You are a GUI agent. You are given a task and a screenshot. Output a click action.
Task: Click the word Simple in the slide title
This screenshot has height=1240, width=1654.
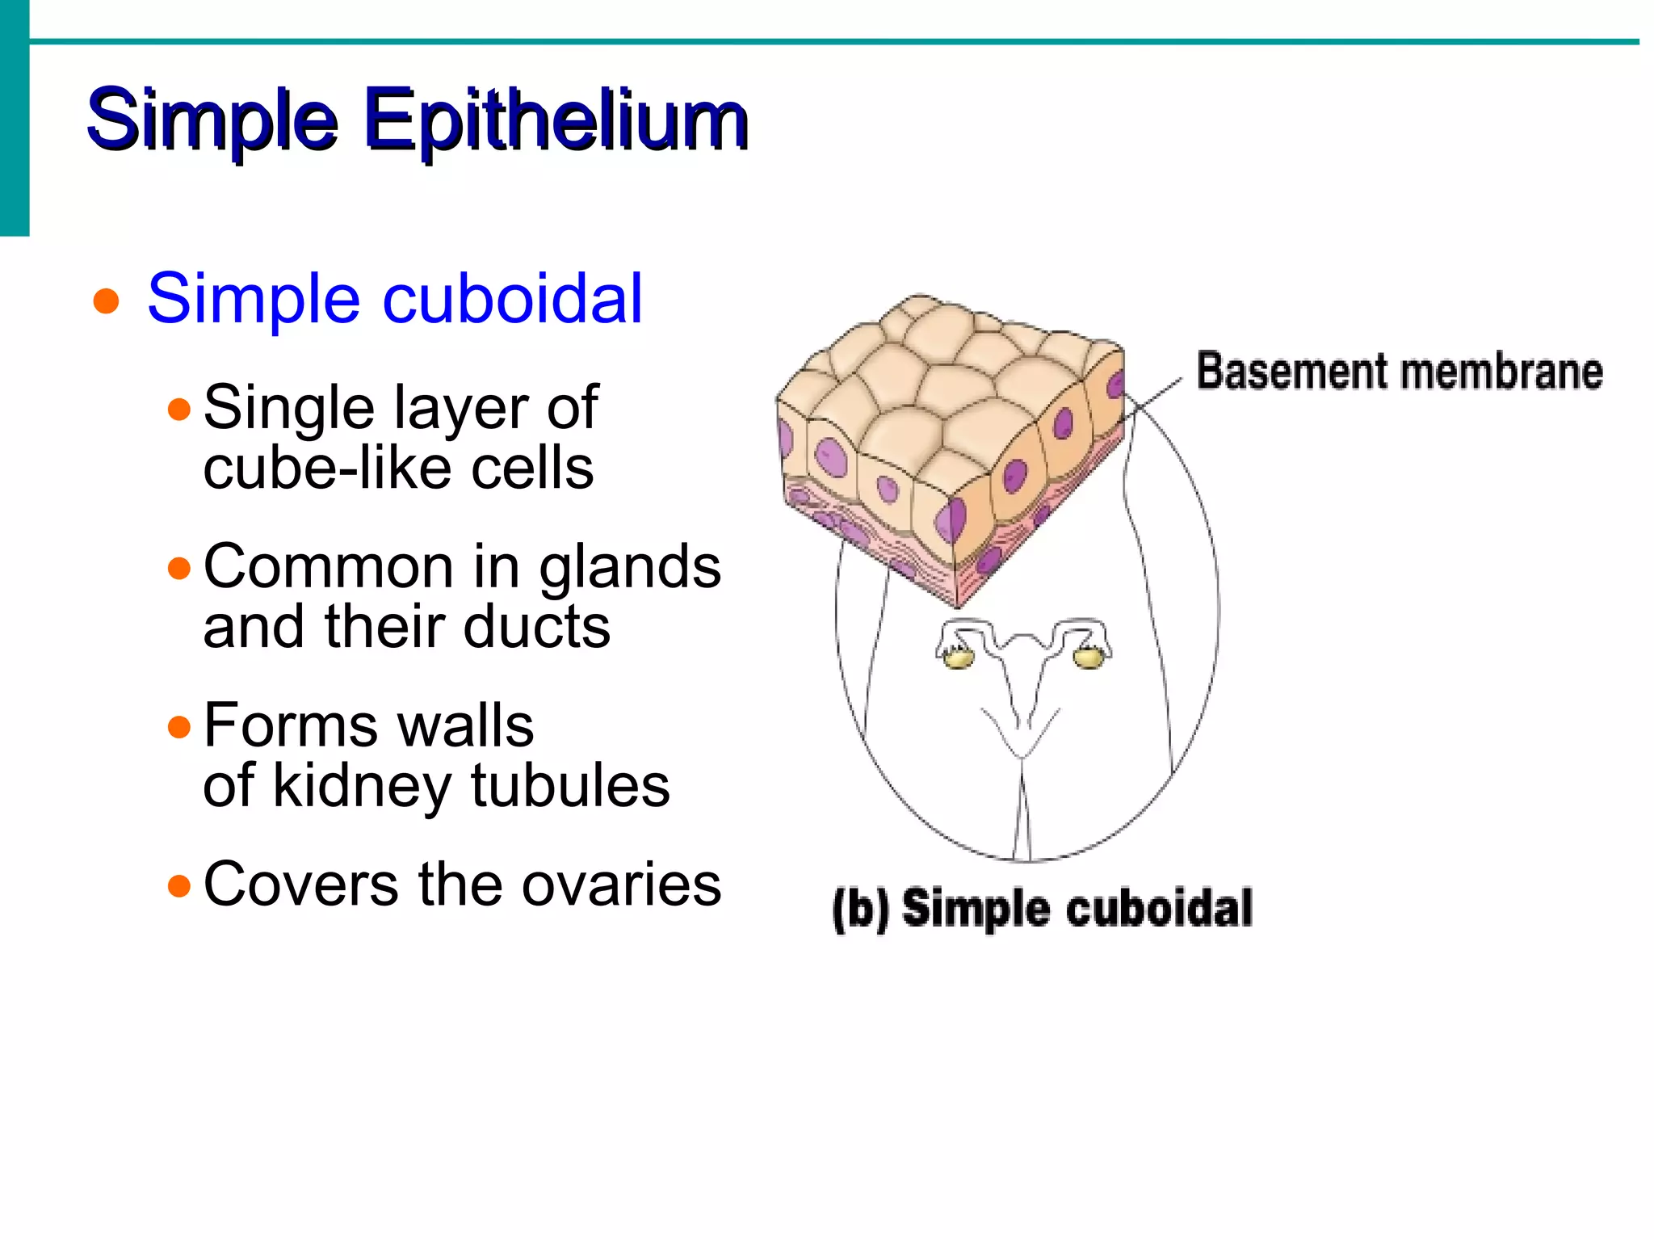pos(212,121)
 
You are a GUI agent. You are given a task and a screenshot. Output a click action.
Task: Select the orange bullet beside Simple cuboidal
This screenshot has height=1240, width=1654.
pos(106,302)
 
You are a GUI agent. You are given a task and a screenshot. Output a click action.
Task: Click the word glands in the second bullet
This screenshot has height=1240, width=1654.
pos(629,567)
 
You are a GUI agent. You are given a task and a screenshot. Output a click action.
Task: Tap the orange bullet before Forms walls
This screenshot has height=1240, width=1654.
pos(179,728)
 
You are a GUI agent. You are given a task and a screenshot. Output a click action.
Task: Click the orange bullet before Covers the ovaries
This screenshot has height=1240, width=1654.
pos(179,887)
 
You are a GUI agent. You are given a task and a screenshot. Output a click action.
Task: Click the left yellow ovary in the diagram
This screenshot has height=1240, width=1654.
pos(959,658)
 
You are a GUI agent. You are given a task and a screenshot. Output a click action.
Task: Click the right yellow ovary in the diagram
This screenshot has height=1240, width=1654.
pos(1088,658)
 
